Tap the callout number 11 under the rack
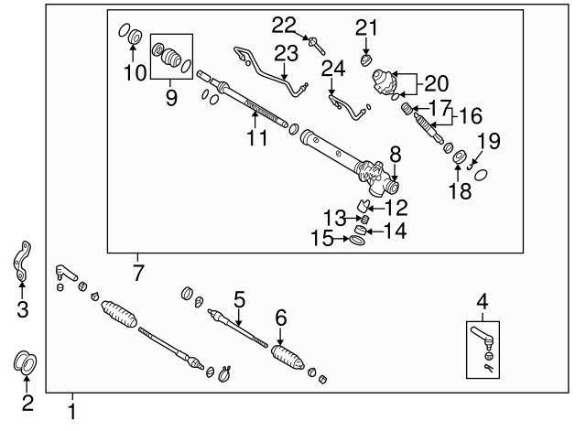coord(257,138)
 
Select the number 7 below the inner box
coord(138,273)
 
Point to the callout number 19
coord(489,141)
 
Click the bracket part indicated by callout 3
coord(22,261)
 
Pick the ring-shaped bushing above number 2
coord(26,362)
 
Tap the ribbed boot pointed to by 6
coord(288,358)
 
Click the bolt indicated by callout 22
coord(316,46)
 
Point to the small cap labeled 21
coord(366,59)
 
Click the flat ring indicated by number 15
coord(357,240)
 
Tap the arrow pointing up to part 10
coord(133,53)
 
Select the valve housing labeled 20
coord(384,83)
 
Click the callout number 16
coord(471,115)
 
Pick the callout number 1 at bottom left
coord(72,412)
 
